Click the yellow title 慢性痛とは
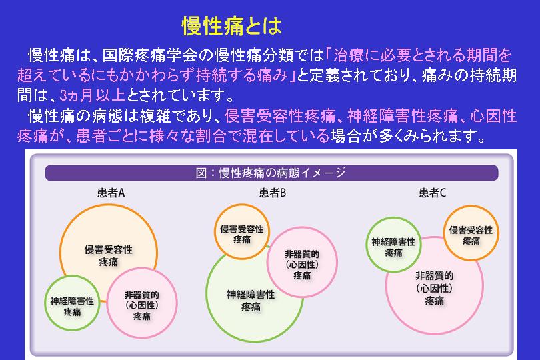point(232,26)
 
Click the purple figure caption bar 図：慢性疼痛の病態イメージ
point(271,173)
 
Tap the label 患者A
point(111,193)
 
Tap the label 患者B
point(273,193)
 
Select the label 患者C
point(432,193)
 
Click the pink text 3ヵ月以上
point(92,95)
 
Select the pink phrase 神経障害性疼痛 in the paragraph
point(403,116)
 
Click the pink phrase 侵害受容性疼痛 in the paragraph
point(280,116)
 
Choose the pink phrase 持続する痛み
point(242,75)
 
